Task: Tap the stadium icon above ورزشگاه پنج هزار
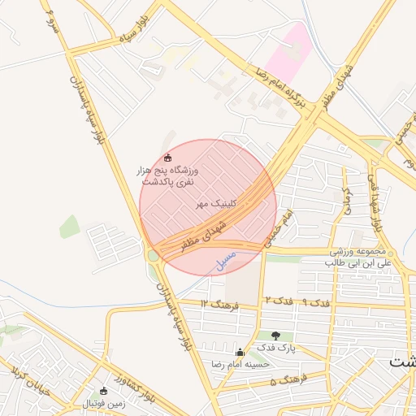(167, 158)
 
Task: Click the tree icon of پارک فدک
(275, 335)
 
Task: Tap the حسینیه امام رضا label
(240, 365)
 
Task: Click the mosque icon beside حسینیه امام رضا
(239, 353)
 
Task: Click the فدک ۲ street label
(272, 301)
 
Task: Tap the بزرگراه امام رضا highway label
(275, 89)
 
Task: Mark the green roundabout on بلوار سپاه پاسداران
(153, 255)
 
